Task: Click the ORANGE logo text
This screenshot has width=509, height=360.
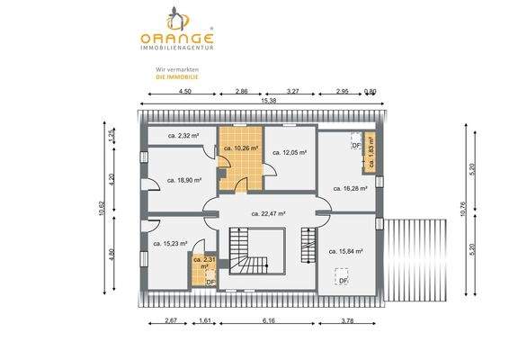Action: click(x=176, y=39)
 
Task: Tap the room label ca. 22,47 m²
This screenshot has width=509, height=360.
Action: click(x=267, y=213)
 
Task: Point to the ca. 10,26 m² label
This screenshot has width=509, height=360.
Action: click(x=241, y=148)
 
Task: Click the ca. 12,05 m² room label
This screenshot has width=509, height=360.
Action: click(x=290, y=153)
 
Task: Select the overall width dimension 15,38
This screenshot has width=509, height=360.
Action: click(x=257, y=102)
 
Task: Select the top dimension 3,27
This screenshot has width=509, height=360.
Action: click(x=292, y=92)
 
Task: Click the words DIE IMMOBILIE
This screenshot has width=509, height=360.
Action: click(x=175, y=77)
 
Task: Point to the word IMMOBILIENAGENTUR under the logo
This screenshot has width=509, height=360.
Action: click(x=176, y=49)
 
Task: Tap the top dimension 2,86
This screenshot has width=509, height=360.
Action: click(x=242, y=92)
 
